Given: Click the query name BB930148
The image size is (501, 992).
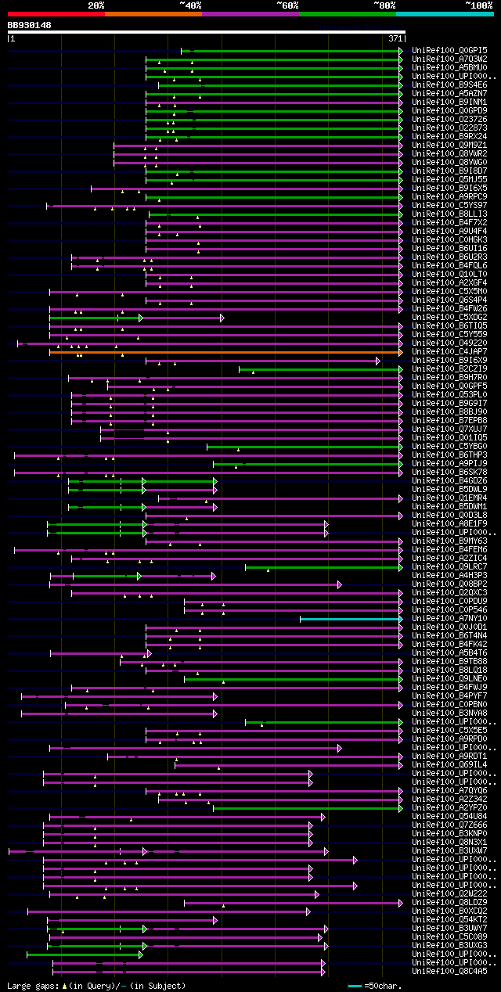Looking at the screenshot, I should click(30, 25).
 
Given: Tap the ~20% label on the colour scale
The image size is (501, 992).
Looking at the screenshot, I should click(96, 5).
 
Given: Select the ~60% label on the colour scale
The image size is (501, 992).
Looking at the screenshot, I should click(287, 5).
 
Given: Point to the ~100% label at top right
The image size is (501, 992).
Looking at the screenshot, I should click(478, 5).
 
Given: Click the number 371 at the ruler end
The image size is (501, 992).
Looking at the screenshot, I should click(395, 38).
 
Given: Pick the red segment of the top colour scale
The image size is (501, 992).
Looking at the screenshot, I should click(56, 13).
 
